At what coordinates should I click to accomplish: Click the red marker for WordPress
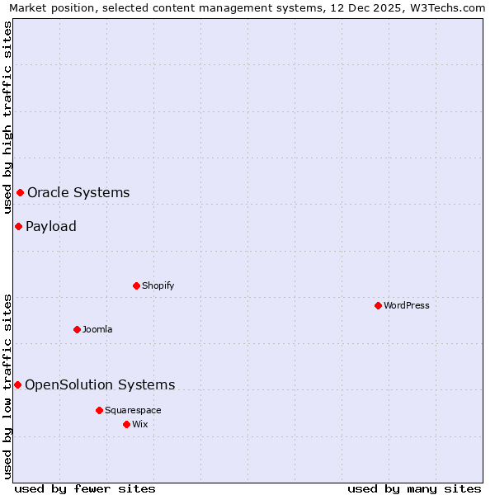point(378,305)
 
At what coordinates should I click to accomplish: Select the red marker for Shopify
point(136,285)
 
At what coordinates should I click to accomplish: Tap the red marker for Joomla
point(77,329)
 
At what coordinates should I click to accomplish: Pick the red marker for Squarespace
point(99,410)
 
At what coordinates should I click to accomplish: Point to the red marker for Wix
point(126,424)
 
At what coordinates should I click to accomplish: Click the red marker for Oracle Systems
point(20,192)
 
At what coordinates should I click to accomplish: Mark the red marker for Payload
point(18,226)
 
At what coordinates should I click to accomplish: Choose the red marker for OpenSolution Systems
point(17,384)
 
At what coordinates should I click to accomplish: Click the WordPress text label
point(406,305)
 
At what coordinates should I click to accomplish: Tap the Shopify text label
point(158,285)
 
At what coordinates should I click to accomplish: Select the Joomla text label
point(97,329)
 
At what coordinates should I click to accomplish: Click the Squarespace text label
point(133,410)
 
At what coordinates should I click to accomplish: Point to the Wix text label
point(139,424)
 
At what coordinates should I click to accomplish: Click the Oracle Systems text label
point(78,192)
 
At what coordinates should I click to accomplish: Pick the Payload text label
point(51,226)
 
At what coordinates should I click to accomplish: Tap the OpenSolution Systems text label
point(100,384)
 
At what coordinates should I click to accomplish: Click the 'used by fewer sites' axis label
point(85,488)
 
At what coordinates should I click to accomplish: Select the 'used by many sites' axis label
point(414,488)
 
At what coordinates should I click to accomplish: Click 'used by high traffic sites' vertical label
point(7,117)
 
